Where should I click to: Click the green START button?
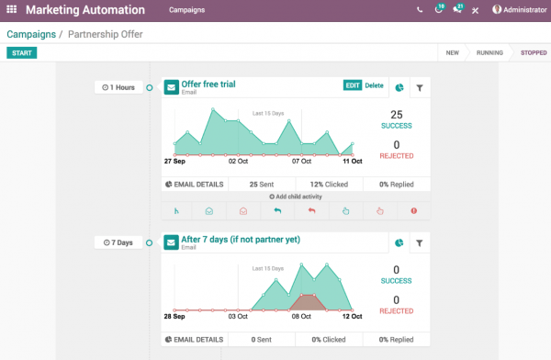[21, 52]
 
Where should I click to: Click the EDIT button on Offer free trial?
[353, 85]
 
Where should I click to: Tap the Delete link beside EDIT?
[375, 85]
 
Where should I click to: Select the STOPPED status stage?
[533, 52]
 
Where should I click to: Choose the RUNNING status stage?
[489, 52]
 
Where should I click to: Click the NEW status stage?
[452, 52]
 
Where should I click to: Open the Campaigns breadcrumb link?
[30, 34]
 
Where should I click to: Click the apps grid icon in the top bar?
[11, 10]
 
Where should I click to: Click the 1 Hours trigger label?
[119, 87]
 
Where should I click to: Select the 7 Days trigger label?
[119, 242]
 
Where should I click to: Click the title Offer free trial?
[208, 84]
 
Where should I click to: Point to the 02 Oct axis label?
[238, 161]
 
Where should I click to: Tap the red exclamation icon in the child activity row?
[414, 210]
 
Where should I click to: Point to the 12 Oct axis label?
[352, 316]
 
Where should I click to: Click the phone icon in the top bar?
[420, 10]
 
